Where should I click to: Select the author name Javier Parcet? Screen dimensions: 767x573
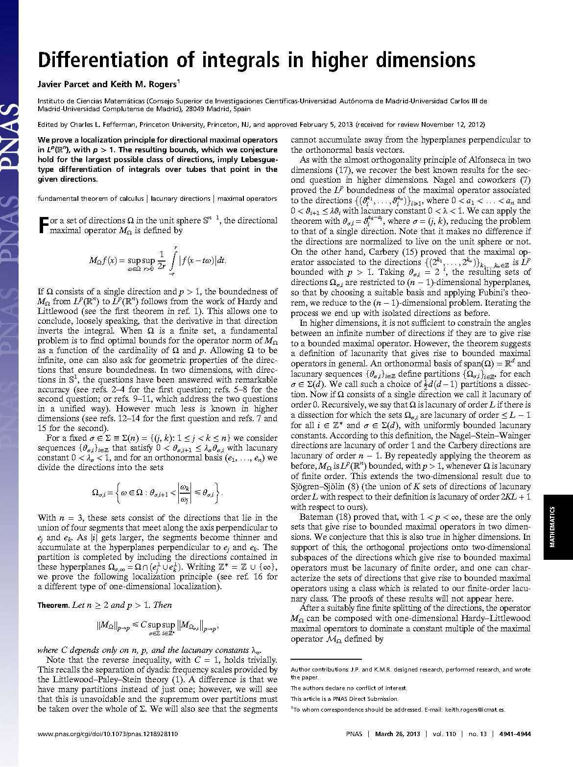pyautogui.click(x=61, y=84)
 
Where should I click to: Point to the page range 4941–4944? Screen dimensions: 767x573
pyautogui.click(x=514, y=734)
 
